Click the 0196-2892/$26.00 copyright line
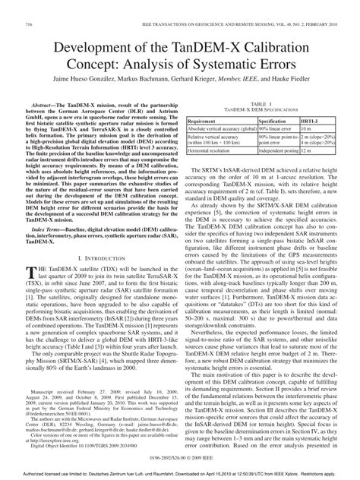click(179, 459)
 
